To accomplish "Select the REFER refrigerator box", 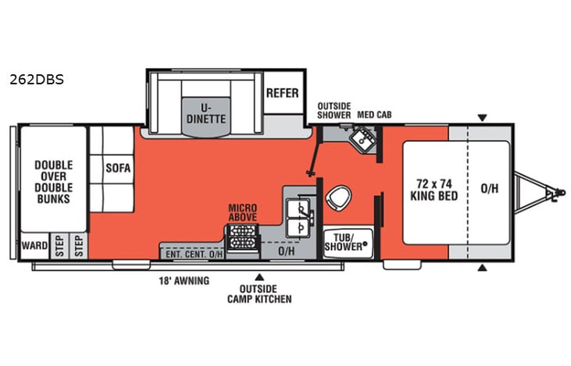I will click(x=282, y=93).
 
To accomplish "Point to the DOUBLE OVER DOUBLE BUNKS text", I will click(x=52, y=182).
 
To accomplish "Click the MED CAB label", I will click(x=373, y=115).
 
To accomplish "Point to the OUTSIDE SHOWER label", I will click(x=334, y=110).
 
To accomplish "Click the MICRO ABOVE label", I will click(x=243, y=212).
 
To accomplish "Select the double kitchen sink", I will click(x=299, y=218).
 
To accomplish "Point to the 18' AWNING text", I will click(x=186, y=281).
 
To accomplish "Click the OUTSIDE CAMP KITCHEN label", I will click(x=260, y=293).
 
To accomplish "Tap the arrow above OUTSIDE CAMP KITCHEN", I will click(x=260, y=275).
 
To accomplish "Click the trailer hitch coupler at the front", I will click(x=556, y=190).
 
